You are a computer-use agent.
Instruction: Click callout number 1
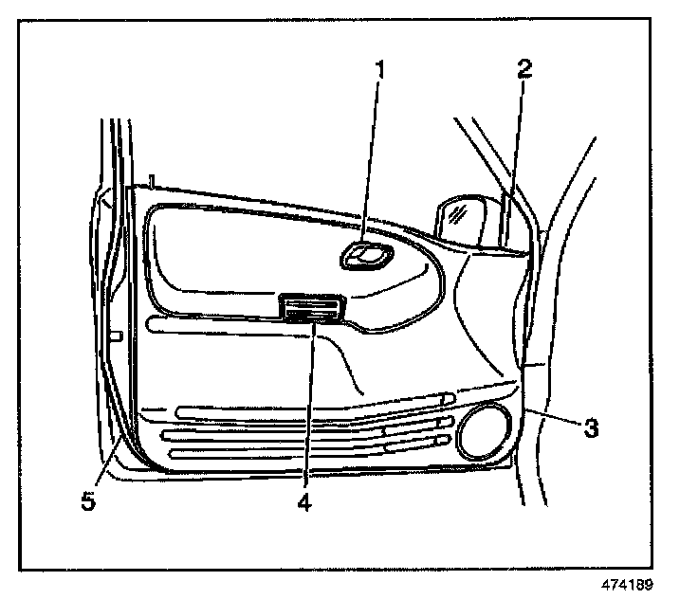pos(379,70)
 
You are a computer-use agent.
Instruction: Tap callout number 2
pos(524,68)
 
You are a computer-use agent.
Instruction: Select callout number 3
pos(590,428)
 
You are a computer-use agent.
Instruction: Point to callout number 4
pos(304,502)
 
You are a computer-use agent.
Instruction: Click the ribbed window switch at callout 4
pos(310,307)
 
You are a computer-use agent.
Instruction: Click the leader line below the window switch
pos(307,408)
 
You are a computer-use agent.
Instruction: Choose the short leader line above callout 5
pos(107,464)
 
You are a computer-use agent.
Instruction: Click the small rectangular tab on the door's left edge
pos(117,336)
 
